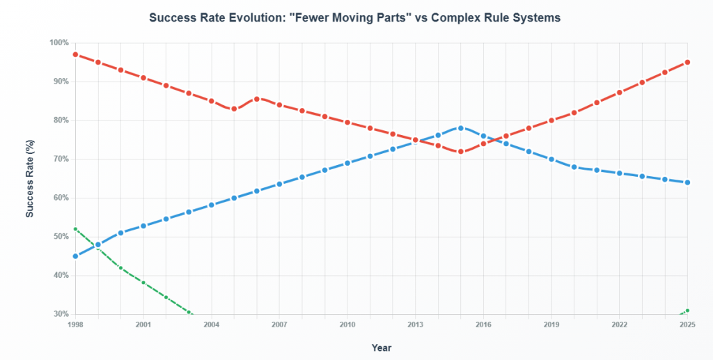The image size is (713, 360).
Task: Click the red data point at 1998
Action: (x=75, y=54)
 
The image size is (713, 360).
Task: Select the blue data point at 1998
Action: (x=75, y=256)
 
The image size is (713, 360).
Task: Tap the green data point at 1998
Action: (x=75, y=229)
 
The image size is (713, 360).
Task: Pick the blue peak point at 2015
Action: (x=460, y=128)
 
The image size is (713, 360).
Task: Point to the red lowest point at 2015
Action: (x=460, y=151)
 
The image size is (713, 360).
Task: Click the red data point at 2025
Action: (x=687, y=62)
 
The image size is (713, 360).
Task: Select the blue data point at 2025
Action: (x=687, y=182)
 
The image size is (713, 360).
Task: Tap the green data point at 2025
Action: (x=687, y=311)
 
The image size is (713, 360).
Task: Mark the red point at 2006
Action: (x=256, y=99)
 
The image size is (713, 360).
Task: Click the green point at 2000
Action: (x=120, y=268)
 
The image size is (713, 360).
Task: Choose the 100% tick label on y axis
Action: (x=59, y=43)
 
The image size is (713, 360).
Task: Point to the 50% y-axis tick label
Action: (x=61, y=237)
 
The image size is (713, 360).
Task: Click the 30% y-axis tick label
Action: (x=61, y=314)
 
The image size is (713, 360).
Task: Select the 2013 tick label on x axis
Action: (x=415, y=325)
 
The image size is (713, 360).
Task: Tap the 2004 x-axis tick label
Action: (x=211, y=325)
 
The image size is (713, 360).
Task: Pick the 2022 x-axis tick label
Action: (x=619, y=325)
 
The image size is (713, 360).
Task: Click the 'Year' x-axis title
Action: (x=381, y=347)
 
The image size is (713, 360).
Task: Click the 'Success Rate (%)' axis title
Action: (x=30, y=178)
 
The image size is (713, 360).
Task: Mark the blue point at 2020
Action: (x=574, y=167)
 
